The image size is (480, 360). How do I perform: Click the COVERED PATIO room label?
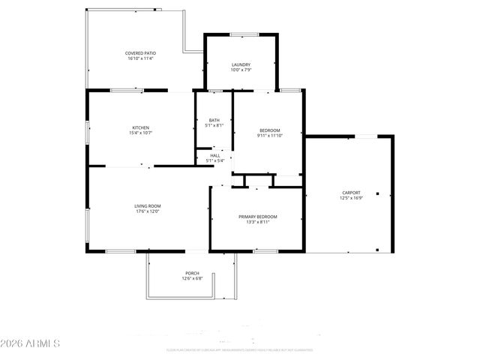pos(139,53)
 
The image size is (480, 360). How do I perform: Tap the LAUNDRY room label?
pos(241,64)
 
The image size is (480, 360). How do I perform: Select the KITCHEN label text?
pos(141,127)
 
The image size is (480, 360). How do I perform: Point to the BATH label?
pos(214,121)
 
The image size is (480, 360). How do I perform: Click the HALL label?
pos(214,155)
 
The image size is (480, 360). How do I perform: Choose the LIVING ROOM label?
pos(148,206)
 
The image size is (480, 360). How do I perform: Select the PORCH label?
pos(192,273)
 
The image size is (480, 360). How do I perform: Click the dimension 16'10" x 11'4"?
pos(139,58)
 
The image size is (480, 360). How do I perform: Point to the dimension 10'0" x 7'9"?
pos(241,70)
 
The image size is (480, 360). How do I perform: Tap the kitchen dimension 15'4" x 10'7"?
pos(141,133)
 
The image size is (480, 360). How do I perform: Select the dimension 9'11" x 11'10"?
pos(270,136)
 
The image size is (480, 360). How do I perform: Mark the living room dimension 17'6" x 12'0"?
pos(148,211)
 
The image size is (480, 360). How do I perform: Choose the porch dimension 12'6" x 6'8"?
pos(192,278)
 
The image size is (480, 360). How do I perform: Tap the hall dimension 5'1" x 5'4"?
pos(214,160)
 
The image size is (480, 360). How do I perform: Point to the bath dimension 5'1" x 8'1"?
pos(214,126)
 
